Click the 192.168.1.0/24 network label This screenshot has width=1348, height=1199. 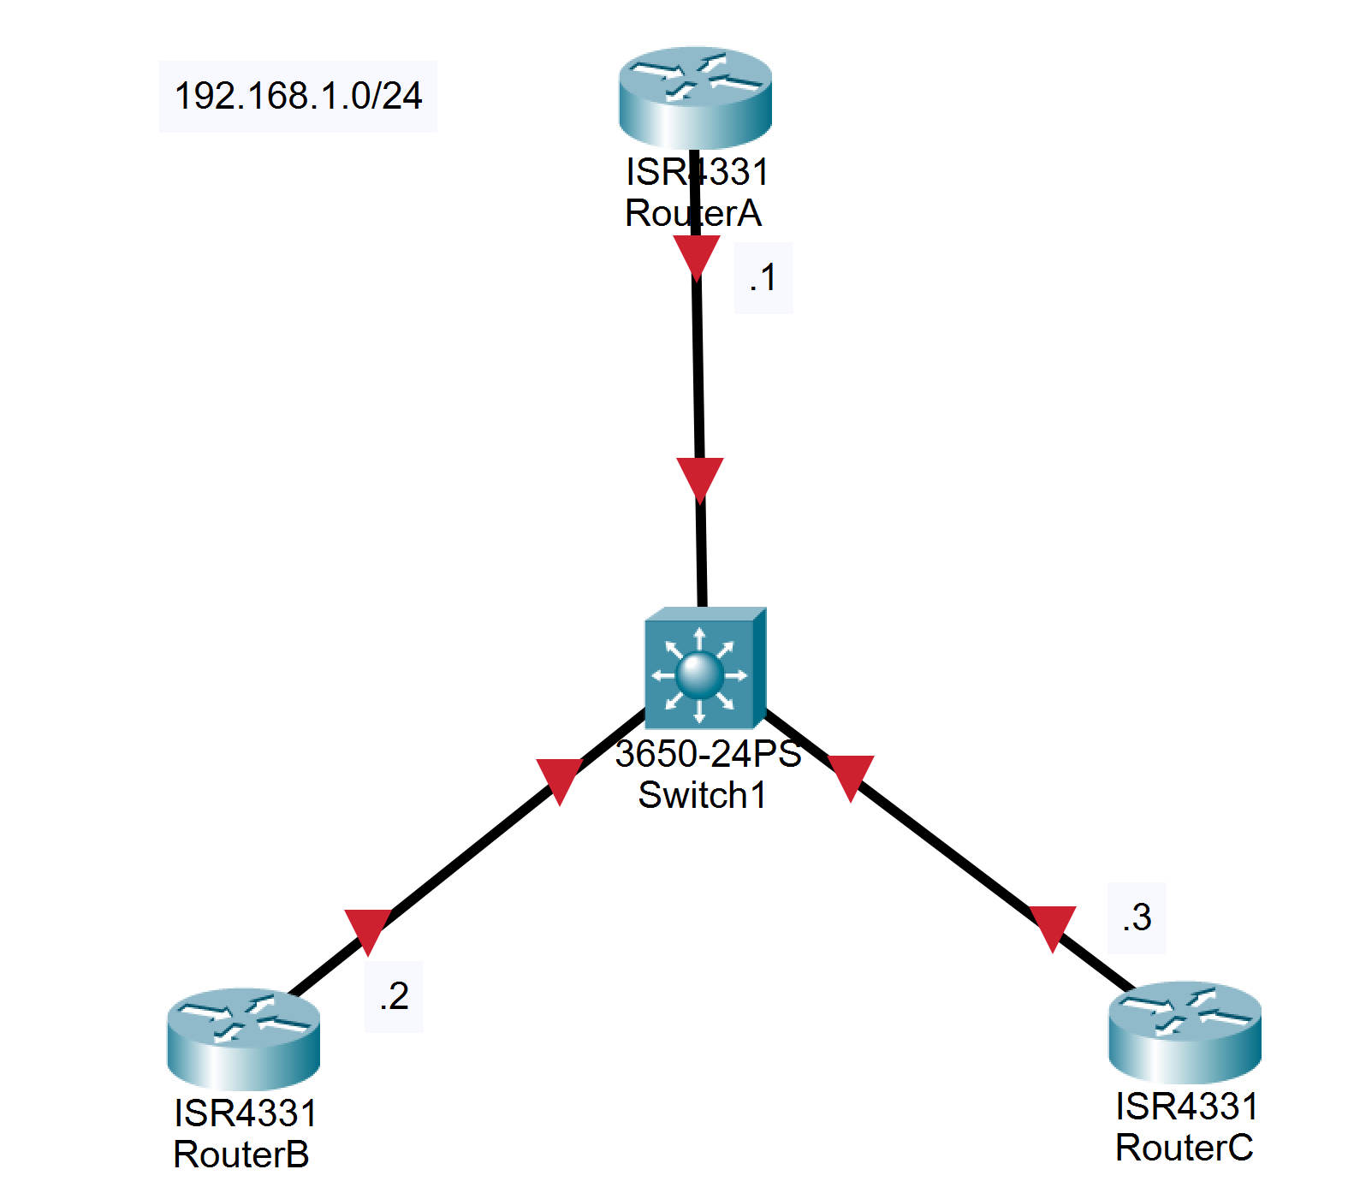click(298, 96)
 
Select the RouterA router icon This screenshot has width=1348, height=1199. click(695, 96)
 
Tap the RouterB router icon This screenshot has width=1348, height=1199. click(243, 1037)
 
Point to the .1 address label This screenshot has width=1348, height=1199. click(763, 277)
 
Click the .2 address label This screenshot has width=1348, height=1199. click(394, 996)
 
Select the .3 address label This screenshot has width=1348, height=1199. click(1137, 917)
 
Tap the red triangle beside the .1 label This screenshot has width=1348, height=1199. click(697, 255)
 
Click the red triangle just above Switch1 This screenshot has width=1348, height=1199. click(700, 478)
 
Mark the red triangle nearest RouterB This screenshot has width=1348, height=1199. click(368, 929)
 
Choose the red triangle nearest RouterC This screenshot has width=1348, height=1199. click(1053, 926)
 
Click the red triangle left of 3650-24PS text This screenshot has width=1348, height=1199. click(559, 779)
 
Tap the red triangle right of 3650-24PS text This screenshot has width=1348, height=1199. click(851, 775)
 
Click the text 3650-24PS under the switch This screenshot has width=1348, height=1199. click(708, 754)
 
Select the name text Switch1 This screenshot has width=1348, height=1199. click(703, 795)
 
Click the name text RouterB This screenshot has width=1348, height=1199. click(241, 1154)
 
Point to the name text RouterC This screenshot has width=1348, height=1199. click(1184, 1148)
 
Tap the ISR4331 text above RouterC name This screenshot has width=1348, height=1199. click(1186, 1107)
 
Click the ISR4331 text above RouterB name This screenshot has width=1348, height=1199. click(246, 1113)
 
